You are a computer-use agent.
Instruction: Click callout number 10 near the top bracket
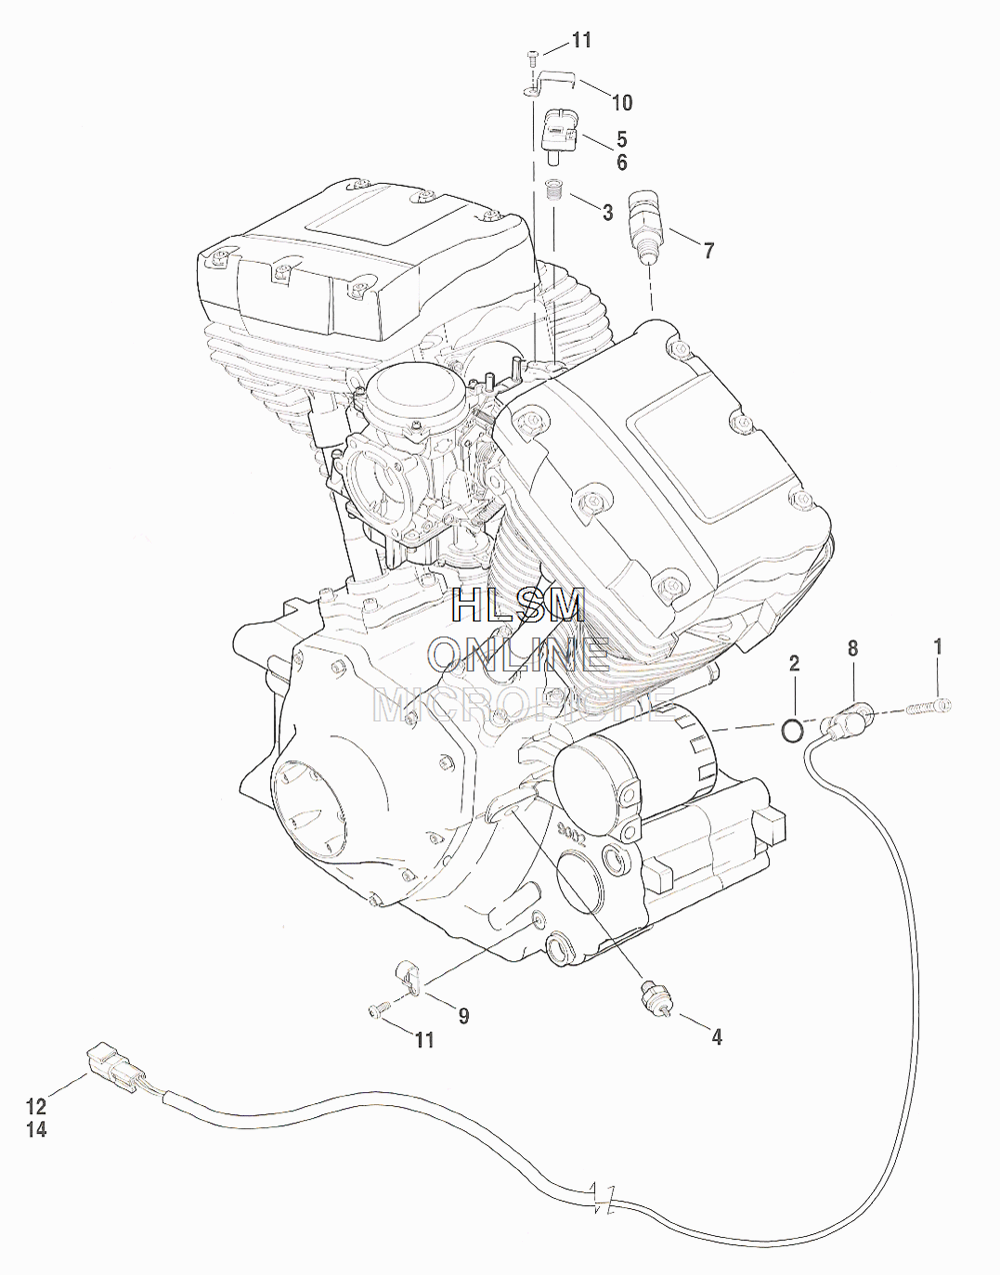621,102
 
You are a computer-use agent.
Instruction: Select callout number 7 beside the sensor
709,250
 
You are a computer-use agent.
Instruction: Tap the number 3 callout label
607,212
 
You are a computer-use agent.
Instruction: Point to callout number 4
717,1037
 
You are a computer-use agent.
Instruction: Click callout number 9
463,1015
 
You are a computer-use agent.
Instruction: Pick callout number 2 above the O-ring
794,663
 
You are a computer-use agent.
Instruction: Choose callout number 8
853,648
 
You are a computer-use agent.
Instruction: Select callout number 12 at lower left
36,1106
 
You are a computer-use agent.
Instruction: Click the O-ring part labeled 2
792,731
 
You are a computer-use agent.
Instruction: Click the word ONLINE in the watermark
519,653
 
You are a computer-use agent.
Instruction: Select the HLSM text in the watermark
519,608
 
